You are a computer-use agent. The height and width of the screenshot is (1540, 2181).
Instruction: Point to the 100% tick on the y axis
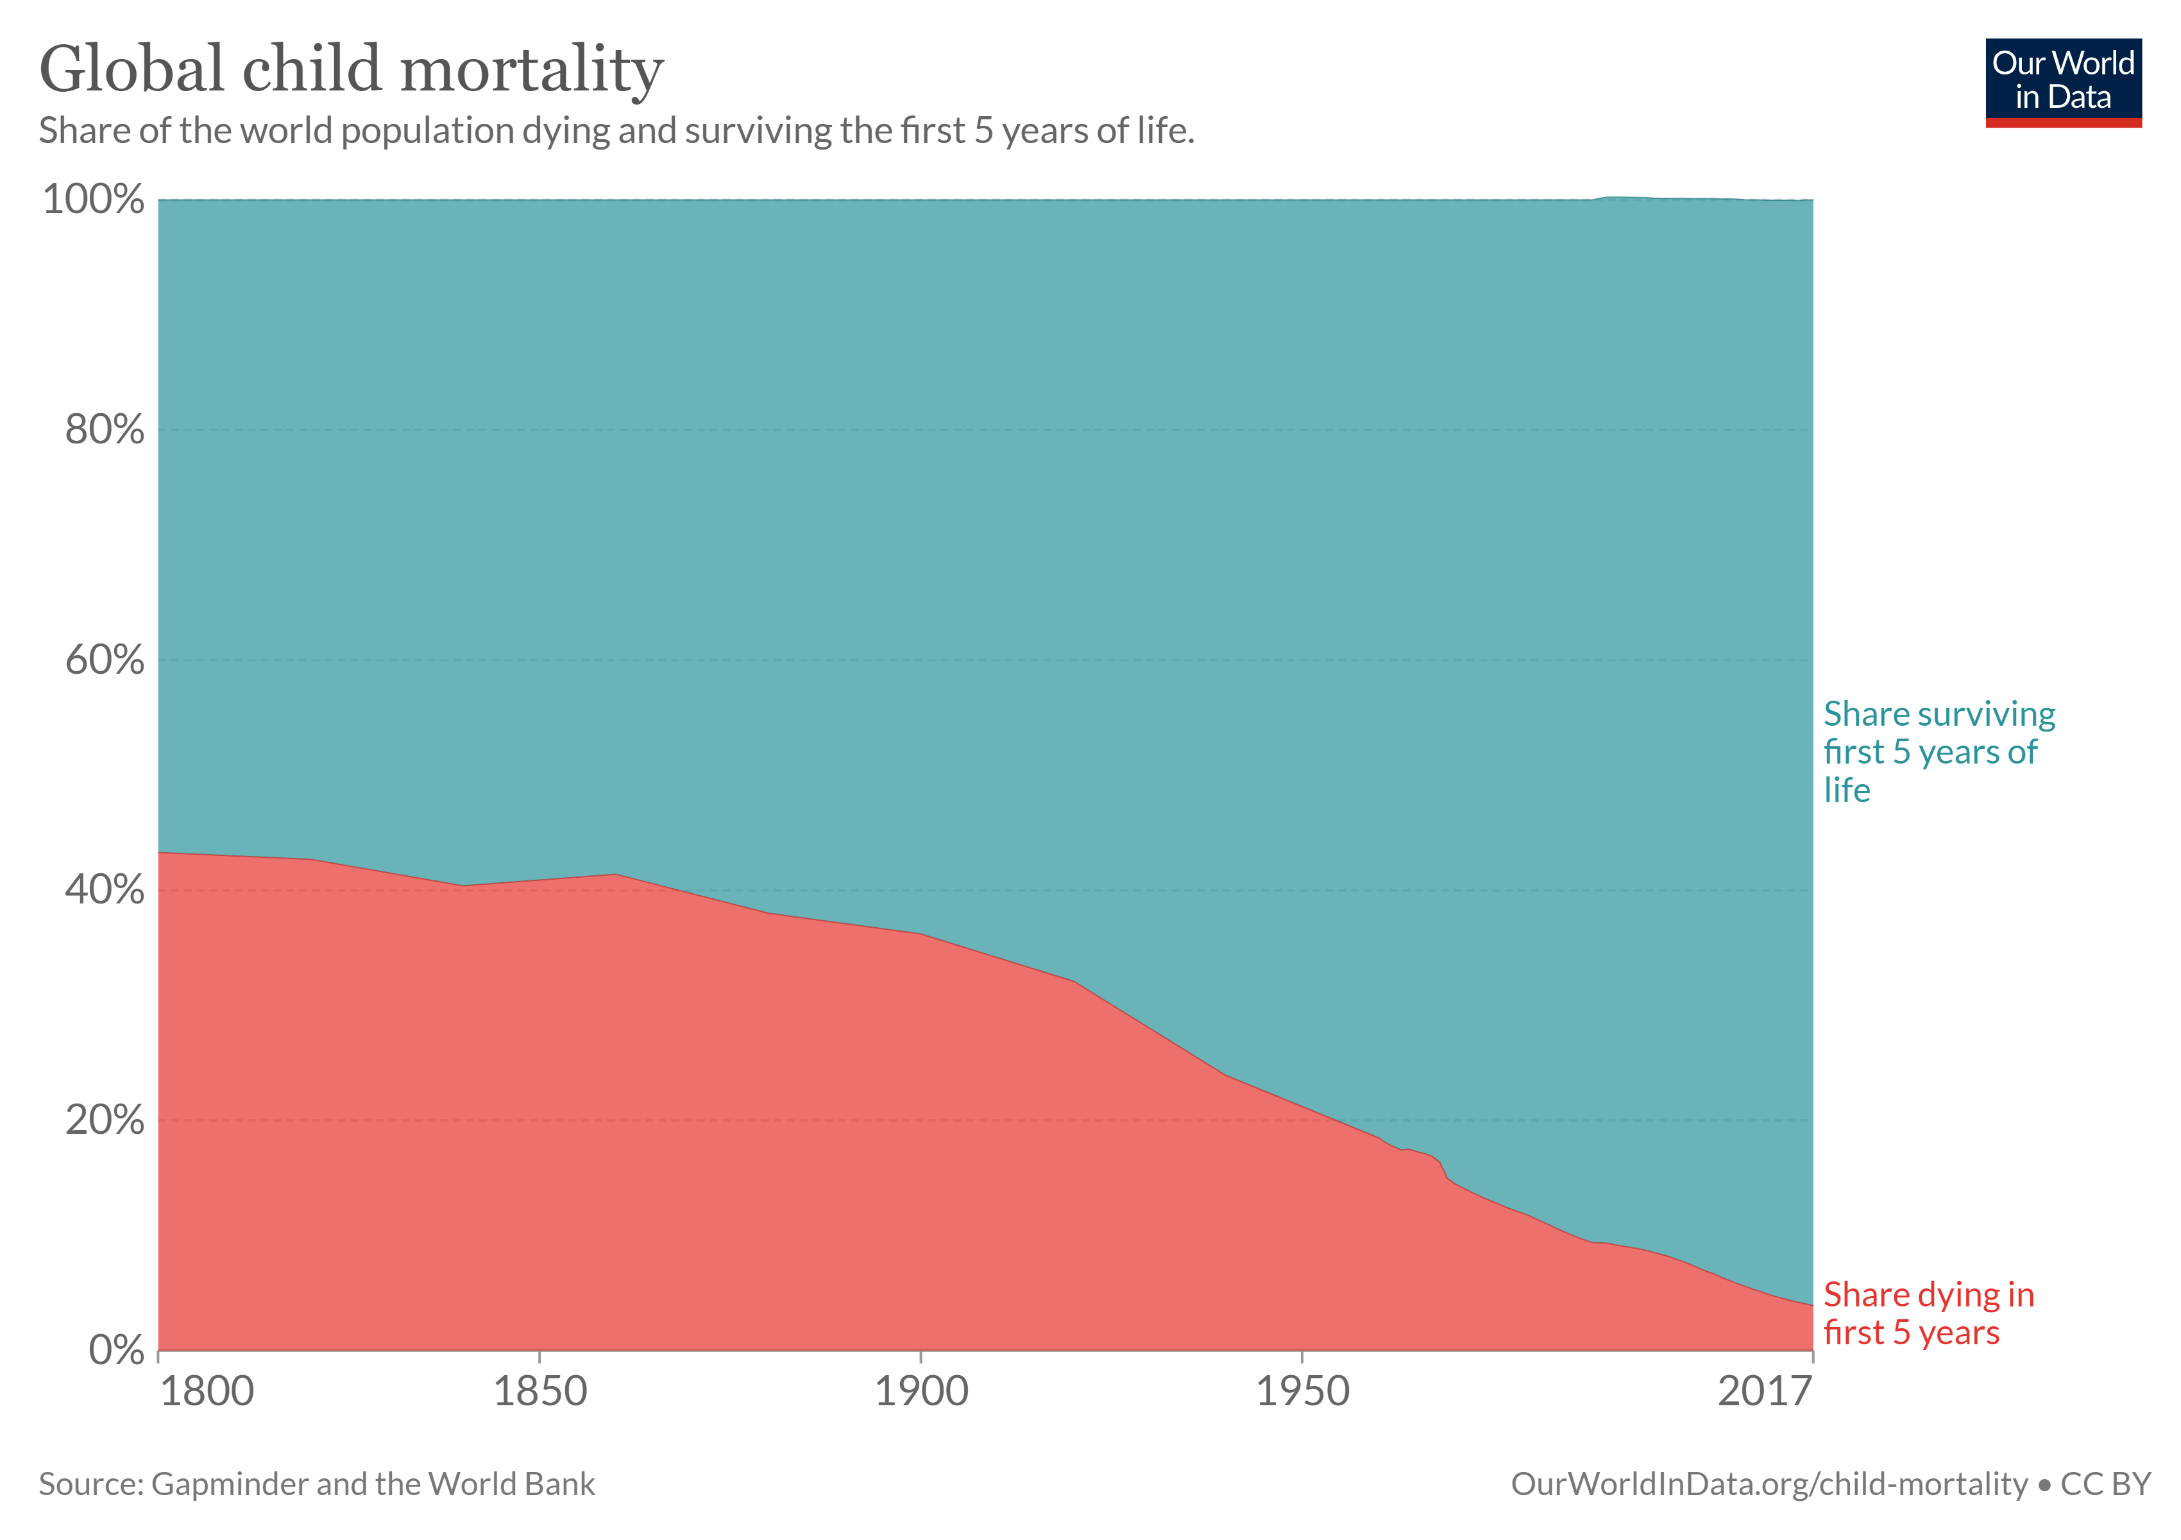(x=93, y=200)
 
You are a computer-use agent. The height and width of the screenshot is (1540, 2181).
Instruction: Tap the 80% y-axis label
(x=105, y=431)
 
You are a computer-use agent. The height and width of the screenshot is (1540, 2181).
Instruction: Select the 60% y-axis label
(x=105, y=660)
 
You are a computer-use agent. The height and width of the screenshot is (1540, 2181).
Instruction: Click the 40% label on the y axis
(x=105, y=890)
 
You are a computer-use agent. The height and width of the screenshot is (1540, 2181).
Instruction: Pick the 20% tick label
(x=105, y=1121)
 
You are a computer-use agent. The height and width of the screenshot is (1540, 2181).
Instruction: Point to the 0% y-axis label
(x=116, y=1350)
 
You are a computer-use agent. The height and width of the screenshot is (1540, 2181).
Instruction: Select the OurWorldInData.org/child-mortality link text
(x=1769, y=1484)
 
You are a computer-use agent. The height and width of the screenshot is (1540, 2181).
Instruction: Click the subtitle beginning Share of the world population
(x=616, y=131)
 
